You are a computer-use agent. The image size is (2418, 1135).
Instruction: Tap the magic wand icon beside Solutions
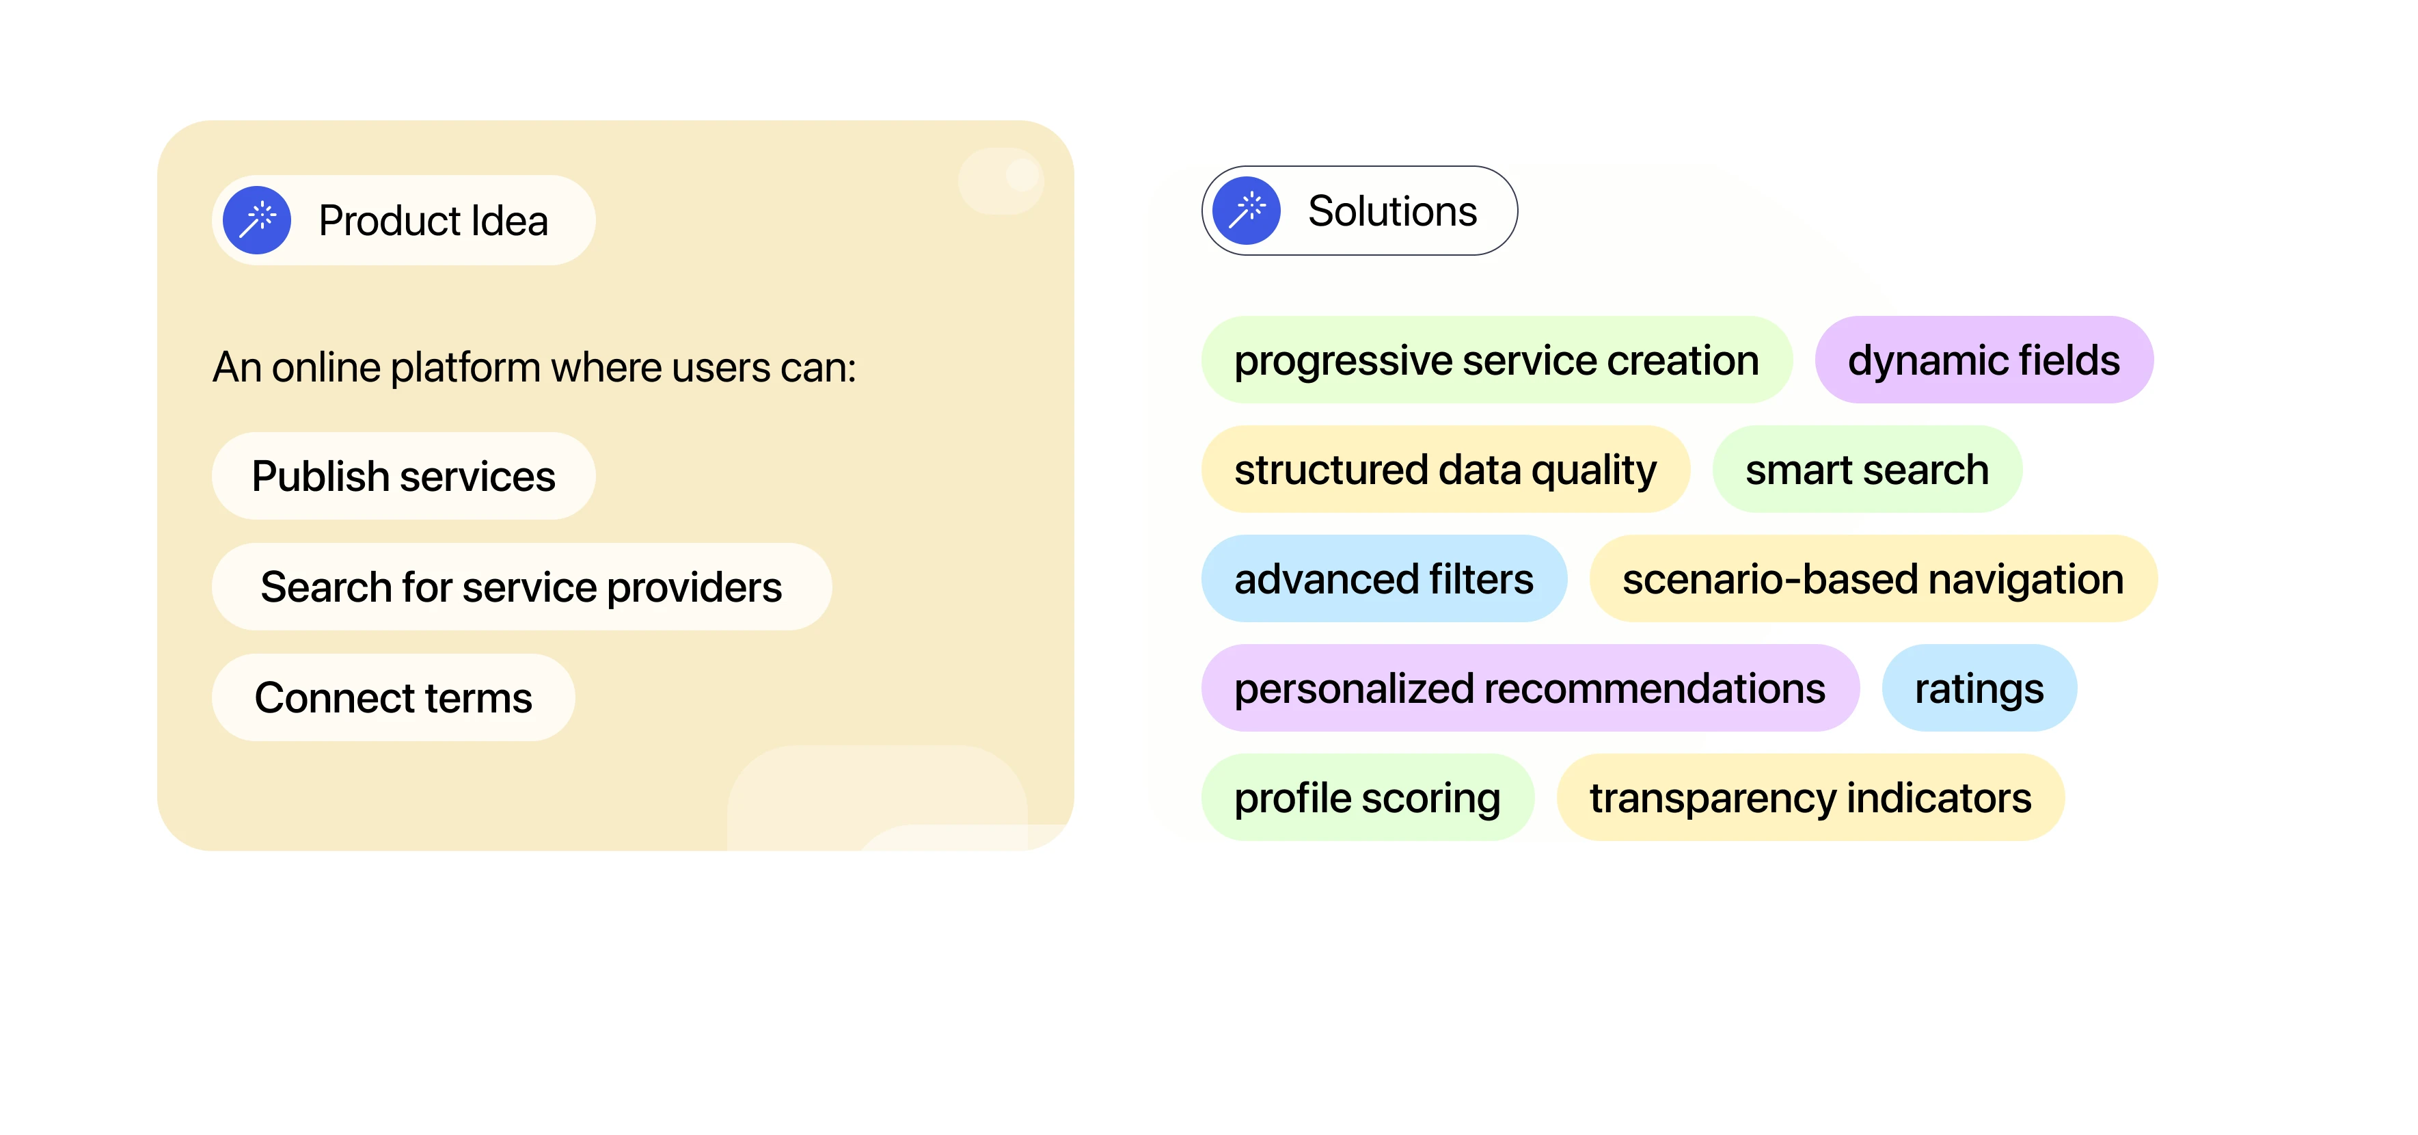pyautogui.click(x=1247, y=211)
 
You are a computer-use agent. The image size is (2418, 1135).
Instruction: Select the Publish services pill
pyautogui.click(x=404, y=476)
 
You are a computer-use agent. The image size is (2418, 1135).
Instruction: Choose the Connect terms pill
pyautogui.click(x=393, y=697)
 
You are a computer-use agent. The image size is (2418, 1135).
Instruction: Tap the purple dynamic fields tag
pyautogui.click(x=1983, y=360)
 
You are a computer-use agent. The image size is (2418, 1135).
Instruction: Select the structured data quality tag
pyautogui.click(x=1445, y=470)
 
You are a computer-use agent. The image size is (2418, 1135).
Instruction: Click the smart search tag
pyautogui.click(x=1867, y=470)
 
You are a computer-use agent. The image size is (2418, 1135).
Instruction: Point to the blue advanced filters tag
pyautogui.click(x=1383, y=579)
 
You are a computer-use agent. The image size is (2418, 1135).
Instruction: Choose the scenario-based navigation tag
pyautogui.click(x=1873, y=579)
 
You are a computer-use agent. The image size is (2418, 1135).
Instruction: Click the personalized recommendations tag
pyautogui.click(x=1530, y=688)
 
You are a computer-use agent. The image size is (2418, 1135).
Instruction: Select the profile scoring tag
pyautogui.click(x=1368, y=798)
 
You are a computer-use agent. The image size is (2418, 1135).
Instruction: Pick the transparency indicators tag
pyautogui.click(x=1810, y=798)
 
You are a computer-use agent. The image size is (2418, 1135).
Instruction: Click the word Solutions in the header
pyautogui.click(x=1392, y=211)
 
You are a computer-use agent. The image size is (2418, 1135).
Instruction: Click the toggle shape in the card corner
pyautogui.click(x=1001, y=181)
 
